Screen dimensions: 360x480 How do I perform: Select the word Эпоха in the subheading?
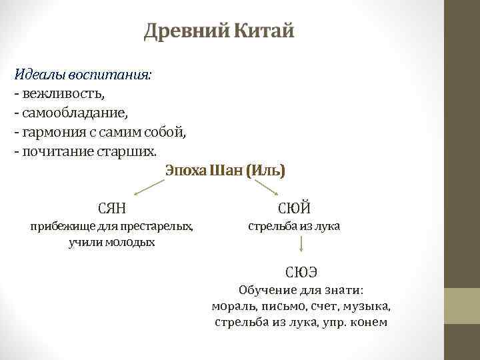[x=185, y=171]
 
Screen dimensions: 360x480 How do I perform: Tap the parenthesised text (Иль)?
[x=265, y=171]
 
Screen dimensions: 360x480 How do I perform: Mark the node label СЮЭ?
[x=301, y=271]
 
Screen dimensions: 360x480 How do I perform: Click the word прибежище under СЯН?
[x=60, y=227]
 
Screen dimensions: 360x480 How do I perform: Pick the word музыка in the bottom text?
[x=368, y=306]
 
